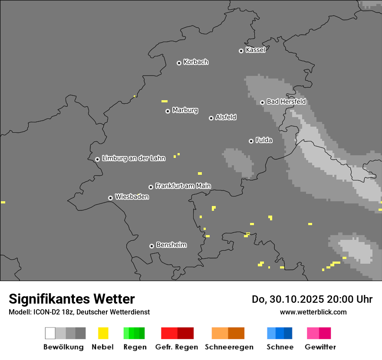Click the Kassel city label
click(x=255, y=50)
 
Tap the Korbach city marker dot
click(x=179, y=63)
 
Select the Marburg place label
click(x=185, y=110)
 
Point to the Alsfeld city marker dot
click(x=211, y=118)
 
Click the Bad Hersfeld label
click(x=286, y=101)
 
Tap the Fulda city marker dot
click(x=251, y=141)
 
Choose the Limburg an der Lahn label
click(x=133, y=158)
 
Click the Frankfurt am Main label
click(x=183, y=186)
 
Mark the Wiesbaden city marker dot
click(x=110, y=198)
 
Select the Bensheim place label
click(x=171, y=245)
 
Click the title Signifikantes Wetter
click(x=72, y=299)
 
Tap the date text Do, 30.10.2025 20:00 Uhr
click(x=312, y=299)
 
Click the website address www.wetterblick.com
click(x=313, y=312)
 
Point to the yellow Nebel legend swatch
click(x=103, y=333)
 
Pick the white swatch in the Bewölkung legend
click(x=50, y=333)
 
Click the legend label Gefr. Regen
click(x=176, y=347)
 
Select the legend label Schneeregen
click(x=229, y=347)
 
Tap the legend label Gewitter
click(x=320, y=347)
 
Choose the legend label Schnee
click(x=280, y=347)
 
